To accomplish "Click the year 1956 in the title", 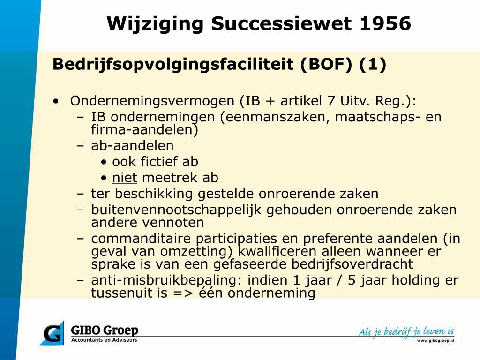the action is pos(385,23).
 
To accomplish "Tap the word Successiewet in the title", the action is pos(281,23).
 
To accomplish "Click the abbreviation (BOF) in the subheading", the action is pos(326,64).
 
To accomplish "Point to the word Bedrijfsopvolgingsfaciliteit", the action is pos(173,65).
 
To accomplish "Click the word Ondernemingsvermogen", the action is pos(152,101).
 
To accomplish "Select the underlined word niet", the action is pos(125,178).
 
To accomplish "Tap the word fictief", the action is pos(159,162).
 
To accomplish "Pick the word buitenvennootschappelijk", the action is pos(176,210).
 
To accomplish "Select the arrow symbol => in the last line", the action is pos(183,293).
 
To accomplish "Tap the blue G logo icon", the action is pos(52,333).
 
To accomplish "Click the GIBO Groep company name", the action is pos(105,330).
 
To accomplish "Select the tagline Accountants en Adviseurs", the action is pos(104,340).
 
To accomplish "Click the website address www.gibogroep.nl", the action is pos(435,340).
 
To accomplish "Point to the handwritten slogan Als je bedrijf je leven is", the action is pos(406,331).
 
